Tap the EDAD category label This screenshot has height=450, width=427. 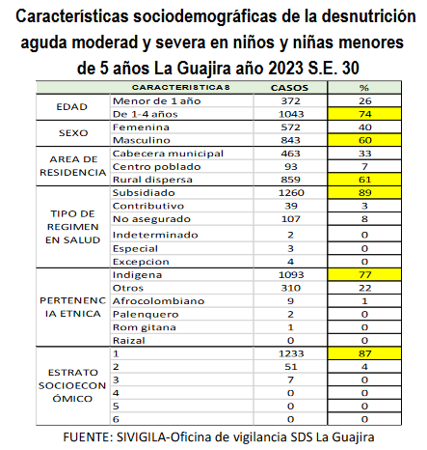tap(73, 107)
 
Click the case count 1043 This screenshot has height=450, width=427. tap(284, 114)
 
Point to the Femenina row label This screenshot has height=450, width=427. tap(144, 127)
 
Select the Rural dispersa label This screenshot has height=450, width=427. tap(151, 180)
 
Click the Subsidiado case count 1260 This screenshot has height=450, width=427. tap(284, 192)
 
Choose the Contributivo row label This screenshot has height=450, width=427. tap(148, 206)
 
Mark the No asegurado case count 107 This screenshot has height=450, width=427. tap(284, 219)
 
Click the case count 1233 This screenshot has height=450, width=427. tap(284, 353)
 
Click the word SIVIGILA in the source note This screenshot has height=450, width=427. tap(143, 437)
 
